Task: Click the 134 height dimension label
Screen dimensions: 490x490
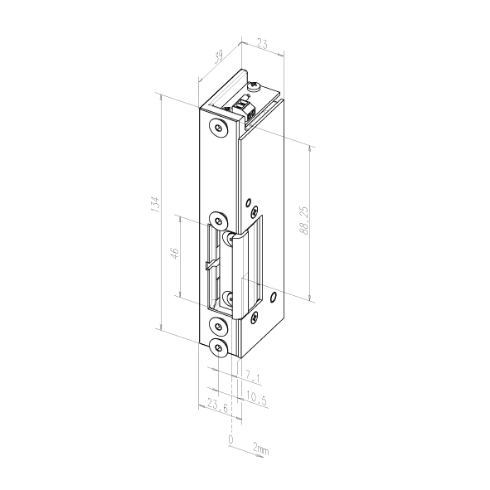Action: point(155,205)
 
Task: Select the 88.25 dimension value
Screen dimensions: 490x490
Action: point(303,221)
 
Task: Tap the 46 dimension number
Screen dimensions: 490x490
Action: point(174,253)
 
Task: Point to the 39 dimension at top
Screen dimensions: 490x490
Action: point(218,57)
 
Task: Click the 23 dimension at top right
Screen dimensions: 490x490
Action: point(262,43)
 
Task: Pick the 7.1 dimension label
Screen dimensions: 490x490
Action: point(252,378)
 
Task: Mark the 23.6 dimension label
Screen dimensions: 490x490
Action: point(217,405)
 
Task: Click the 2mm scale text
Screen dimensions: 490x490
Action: point(260,449)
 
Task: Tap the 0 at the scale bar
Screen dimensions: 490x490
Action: point(230,439)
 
